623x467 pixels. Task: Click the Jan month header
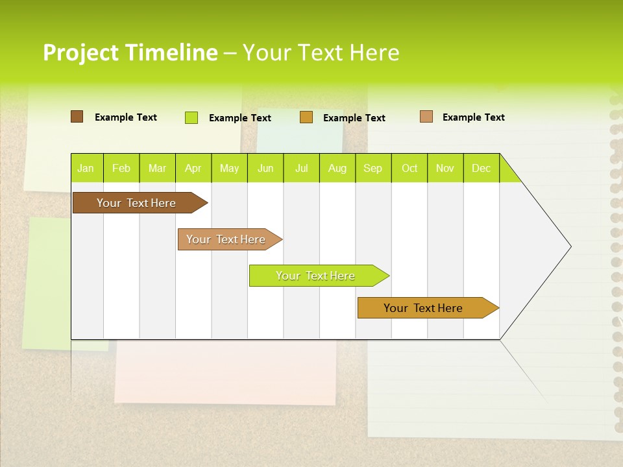tap(86, 169)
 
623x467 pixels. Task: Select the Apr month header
tap(193, 169)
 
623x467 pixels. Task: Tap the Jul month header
tap(301, 169)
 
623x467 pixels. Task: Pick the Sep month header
tap(373, 169)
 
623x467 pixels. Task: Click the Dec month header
tap(481, 169)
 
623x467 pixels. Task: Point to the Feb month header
tap(121, 169)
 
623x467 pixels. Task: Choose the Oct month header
tap(409, 169)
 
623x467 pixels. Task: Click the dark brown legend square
tap(77, 117)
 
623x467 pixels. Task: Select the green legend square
tap(191, 117)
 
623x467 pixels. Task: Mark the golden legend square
tap(306, 117)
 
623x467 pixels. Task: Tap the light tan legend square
tap(426, 117)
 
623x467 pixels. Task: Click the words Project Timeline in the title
tap(130, 53)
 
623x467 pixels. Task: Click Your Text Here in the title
tap(321, 53)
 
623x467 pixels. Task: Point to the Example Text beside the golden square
tap(354, 118)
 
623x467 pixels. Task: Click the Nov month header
tap(445, 169)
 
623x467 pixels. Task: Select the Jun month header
tap(265, 169)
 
